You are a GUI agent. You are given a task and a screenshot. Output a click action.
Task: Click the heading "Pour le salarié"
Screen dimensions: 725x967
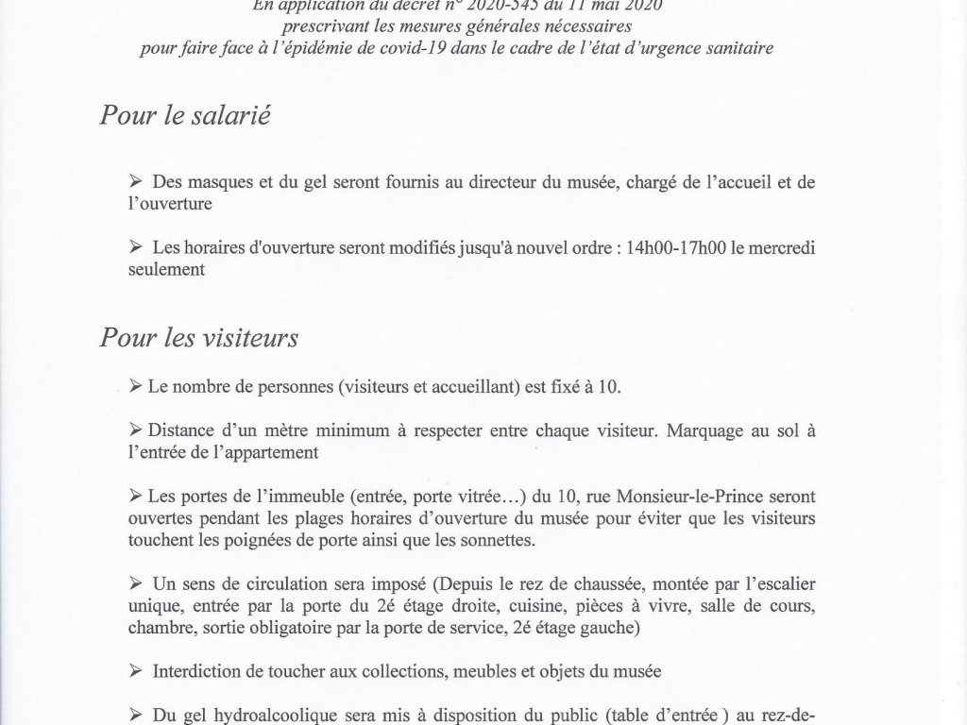click(x=185, y=118)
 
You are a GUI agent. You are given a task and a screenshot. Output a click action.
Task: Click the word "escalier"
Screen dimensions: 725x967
click(x=785, y=584)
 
